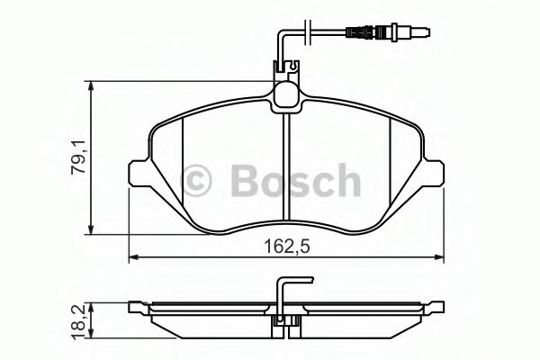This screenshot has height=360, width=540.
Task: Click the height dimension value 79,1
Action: click(79, 158)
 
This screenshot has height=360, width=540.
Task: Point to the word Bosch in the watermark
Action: click(297, 181)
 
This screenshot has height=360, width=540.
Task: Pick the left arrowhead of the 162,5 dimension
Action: click(135, 259)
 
